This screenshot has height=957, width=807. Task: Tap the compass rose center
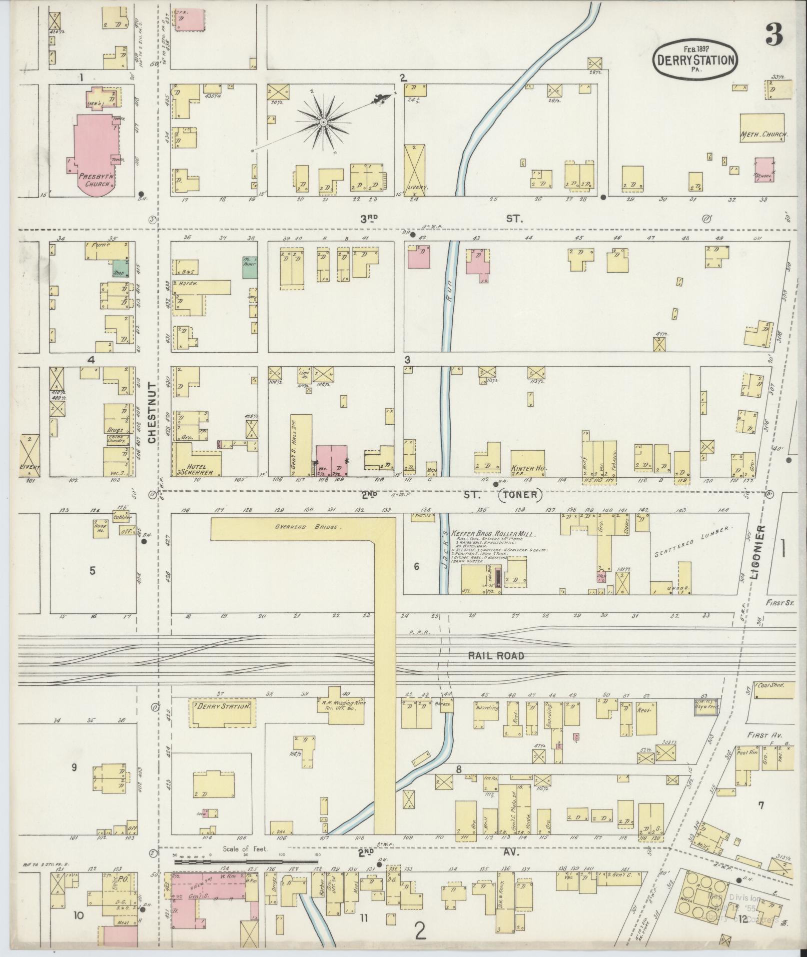click(x=323, y=122)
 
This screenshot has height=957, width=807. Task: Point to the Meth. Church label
click(x=763, y=135)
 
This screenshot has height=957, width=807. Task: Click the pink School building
click(x=763, y=170)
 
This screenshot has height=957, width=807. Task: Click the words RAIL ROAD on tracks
click(x=496, y=655)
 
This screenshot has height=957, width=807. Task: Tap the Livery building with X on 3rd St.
click(x=414, y=170)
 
